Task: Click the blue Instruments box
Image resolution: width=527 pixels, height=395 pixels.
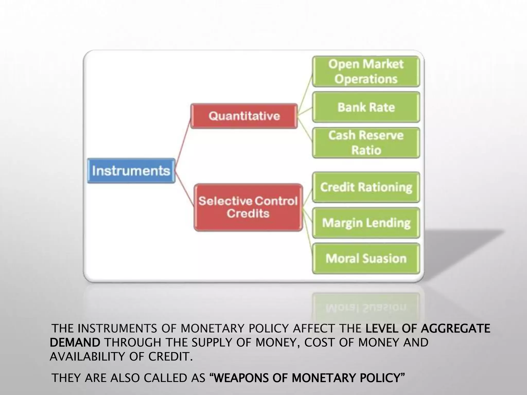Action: pos(131,171)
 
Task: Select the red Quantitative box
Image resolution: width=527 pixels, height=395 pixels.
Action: pos(244,116)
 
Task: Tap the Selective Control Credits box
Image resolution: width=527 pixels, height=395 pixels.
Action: pos(248,207)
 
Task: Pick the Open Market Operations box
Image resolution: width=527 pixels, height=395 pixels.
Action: pos(366,71)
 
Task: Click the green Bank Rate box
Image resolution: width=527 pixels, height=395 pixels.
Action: pos(366,107)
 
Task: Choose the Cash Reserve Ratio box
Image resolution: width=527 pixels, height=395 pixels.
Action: pos(366,143)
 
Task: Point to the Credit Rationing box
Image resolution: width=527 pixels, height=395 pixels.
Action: pos(366,187)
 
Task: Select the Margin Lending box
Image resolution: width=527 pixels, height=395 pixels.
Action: pos(366,223)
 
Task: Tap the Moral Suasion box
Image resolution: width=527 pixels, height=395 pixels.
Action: pos(366,258)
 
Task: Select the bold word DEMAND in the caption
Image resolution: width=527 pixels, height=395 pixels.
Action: pos(75,343)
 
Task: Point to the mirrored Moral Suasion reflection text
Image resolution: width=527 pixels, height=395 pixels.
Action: pos(366,308)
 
